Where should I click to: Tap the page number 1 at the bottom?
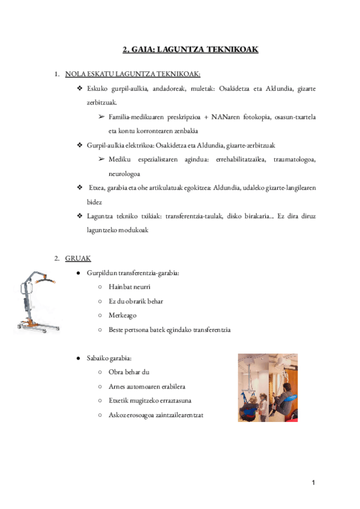[313, 483]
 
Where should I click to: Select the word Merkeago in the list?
[122, 315]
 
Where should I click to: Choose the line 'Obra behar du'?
[125, 372]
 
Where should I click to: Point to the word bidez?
[94, 202]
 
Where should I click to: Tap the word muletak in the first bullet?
[206, 88]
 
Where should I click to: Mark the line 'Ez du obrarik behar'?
[136, 301]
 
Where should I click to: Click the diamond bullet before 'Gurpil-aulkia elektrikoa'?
[80, 145]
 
